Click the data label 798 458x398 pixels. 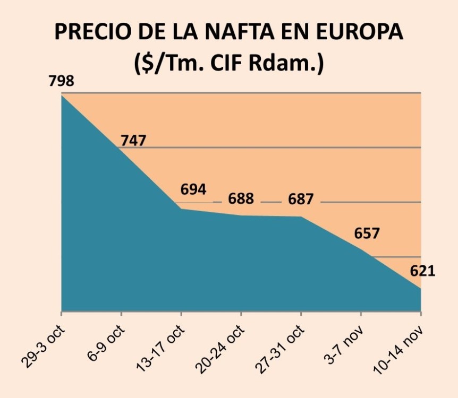point(61,82)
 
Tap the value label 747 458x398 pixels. point(133,141)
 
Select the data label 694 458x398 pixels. point(193,189)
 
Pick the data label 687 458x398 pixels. point(301,200)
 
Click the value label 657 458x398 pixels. point(367,233)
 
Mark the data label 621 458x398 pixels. point(422,271)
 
